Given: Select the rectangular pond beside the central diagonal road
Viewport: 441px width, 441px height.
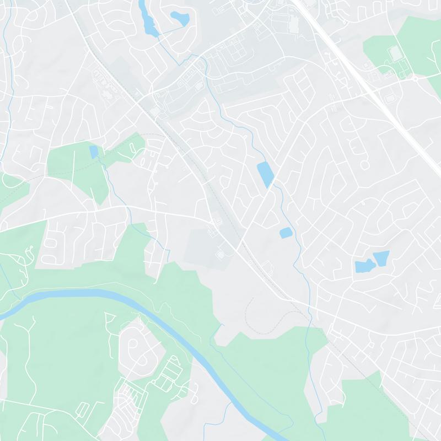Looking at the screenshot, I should [265, 174].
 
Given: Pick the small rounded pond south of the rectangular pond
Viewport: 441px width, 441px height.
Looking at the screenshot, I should [286, 233].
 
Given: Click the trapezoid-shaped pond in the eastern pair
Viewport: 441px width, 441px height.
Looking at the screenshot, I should [381, 257].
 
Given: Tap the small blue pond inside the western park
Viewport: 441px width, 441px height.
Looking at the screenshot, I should [94, 152].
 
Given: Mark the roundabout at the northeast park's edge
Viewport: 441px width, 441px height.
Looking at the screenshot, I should [415, 78].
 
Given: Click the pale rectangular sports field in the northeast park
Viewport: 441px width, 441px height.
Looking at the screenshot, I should [395, 53].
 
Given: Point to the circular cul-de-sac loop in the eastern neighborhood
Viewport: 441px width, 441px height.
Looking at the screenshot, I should [364, 164].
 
